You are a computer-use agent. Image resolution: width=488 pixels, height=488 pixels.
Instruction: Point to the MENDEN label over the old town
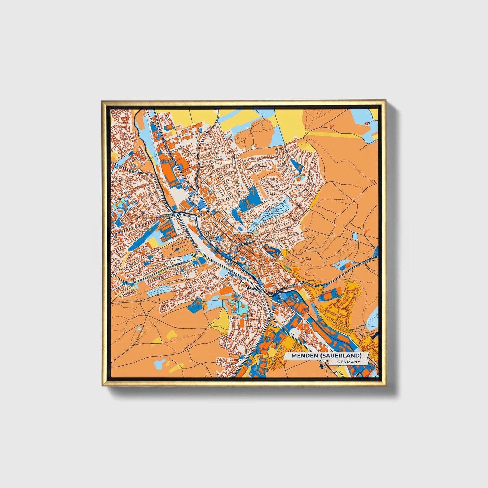click(x=244, y=243)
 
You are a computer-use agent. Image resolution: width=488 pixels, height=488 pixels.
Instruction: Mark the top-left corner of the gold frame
click(x=102, y=101)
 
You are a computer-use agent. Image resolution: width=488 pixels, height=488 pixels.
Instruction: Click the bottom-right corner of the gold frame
click(x=385, y=385)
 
